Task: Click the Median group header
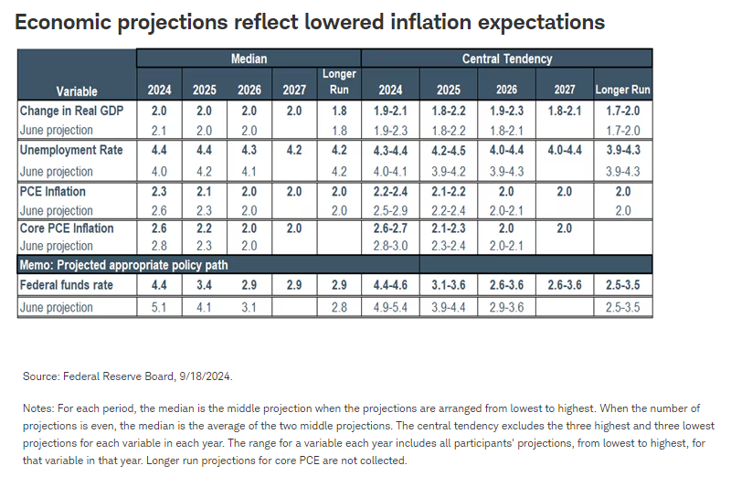click(x=249, y=58)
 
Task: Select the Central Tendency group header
click(x=507, y=58)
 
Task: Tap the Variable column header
click(x=77, y=90)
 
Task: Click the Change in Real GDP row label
click(x=71, y=111)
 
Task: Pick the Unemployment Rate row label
click(x=71, y=150)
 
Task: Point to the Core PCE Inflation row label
click(x=67, y=228)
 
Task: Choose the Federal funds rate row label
click(x=66, y=285)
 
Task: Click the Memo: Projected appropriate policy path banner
click(x=123, y=265)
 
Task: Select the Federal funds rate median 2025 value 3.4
click(x=204, y=285)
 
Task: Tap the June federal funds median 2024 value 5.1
click(x=159, y=308)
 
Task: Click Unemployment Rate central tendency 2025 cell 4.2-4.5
click(x=449, y=151)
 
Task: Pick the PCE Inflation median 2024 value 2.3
click(x=159, y=192)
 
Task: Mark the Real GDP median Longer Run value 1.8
click(x=339, y=111)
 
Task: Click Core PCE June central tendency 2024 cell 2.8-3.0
click(x=390, y=246)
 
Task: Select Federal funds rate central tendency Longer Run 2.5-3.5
click(x=623, y=285)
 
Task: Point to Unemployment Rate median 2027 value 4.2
click(x=294, y=150)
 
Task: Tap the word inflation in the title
click(x=430, y=22)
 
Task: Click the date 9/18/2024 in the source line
click(x=205, y=376)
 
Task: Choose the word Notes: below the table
click(x=38, y=408)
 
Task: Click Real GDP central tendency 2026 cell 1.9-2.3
click(x=506, y=111)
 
